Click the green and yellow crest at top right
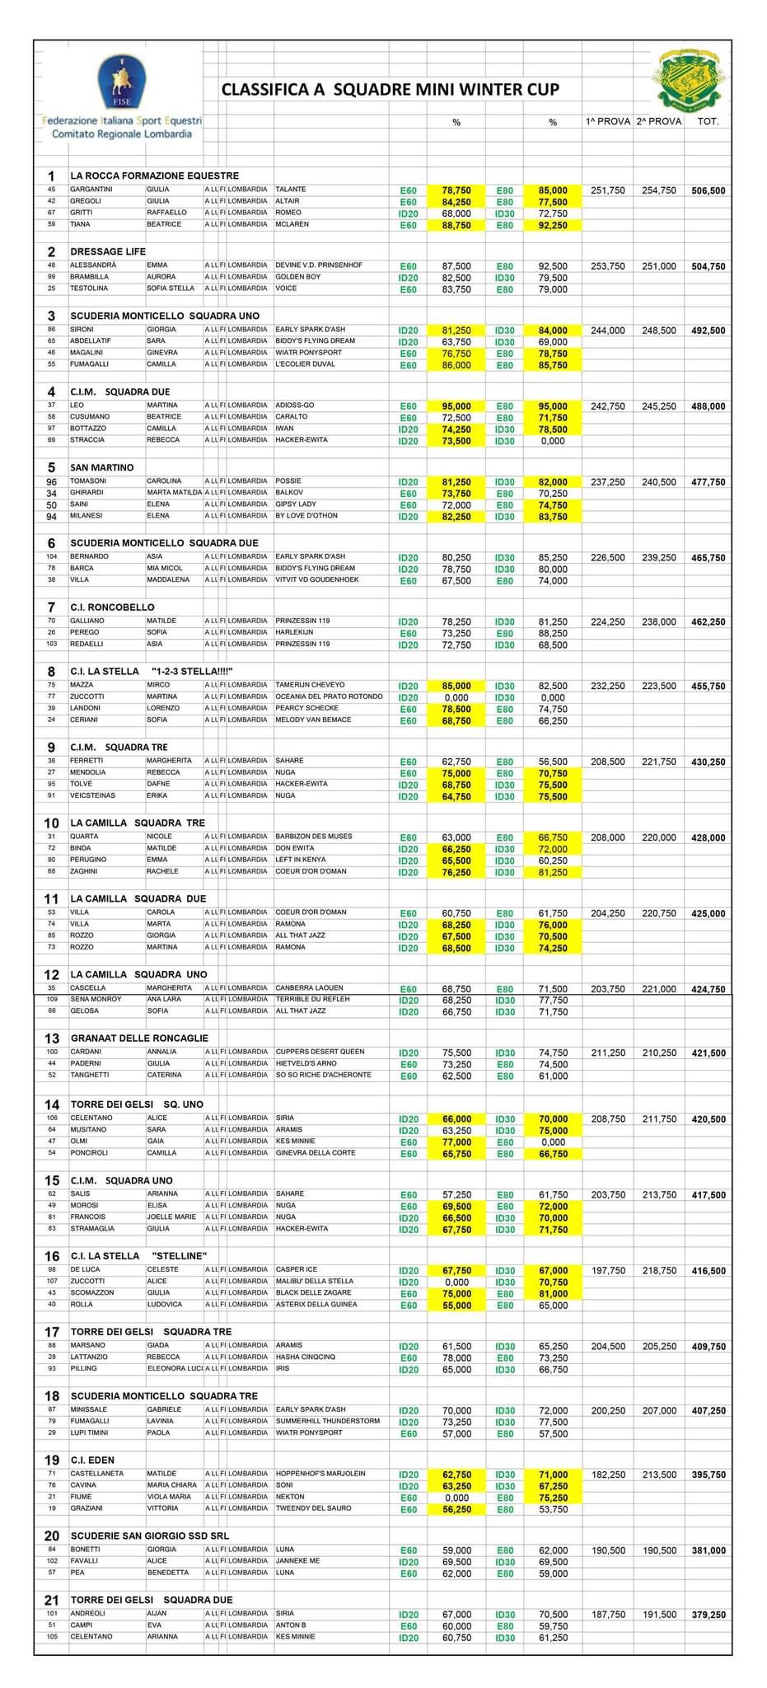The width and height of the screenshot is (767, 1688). click(691, 80)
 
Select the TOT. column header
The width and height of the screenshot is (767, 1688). click(708, 122)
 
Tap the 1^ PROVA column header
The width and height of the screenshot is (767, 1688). click(608, 122)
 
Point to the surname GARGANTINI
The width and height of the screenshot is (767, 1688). click(91, 190)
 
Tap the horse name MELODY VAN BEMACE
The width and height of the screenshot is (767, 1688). click(313, 720)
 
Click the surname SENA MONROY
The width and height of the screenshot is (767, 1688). click(96, 999)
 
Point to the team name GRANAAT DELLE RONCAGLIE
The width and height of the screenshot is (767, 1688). click(139, 1038)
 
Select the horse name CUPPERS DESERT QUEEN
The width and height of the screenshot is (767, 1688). click(320, 1052)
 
